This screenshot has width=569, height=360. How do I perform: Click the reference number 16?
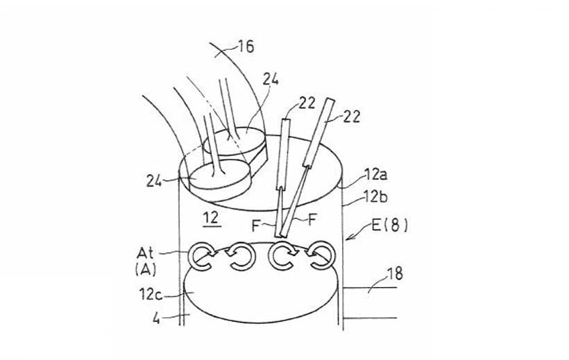pos(246,46)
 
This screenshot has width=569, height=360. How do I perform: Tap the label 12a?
pos(376,175)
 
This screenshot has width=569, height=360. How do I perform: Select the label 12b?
pos(376,197)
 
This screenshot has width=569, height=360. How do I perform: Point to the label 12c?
pos(151,294)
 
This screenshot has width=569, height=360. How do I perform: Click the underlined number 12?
pos(211,218)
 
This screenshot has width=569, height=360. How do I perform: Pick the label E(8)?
pos(390,225)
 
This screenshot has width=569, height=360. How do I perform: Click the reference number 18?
pos(395,274)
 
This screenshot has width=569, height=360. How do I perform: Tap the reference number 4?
pos(156,318)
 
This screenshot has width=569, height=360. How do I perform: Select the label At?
pos(145,253)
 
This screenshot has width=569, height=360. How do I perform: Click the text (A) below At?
pos(145,269)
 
